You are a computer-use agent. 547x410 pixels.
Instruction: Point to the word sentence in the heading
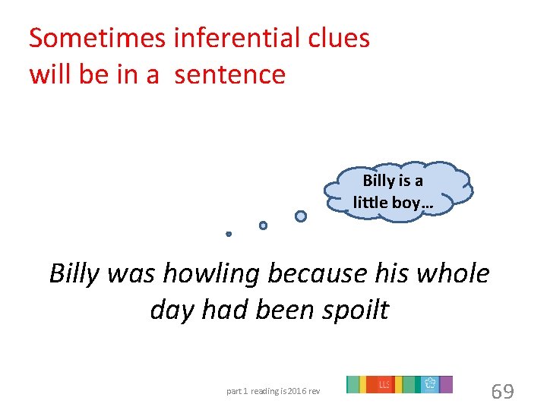click(x=229, y=74)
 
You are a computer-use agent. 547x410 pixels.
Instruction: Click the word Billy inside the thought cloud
click(x=378, y=181)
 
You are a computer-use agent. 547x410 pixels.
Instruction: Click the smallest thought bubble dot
click(x=229, y=234)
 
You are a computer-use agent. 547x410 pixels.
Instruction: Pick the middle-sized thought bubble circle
click(x=263, y=225)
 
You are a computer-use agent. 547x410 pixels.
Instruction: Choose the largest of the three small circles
click(x=301, y=216)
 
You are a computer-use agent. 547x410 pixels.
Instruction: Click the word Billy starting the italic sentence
click(x=74, y=273)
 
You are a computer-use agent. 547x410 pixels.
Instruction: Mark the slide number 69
click(x=502, y=391)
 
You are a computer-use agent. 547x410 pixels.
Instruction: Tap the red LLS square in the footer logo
click(x=384, y=384)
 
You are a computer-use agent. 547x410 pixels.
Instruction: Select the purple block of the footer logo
click(x=446, y=384)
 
